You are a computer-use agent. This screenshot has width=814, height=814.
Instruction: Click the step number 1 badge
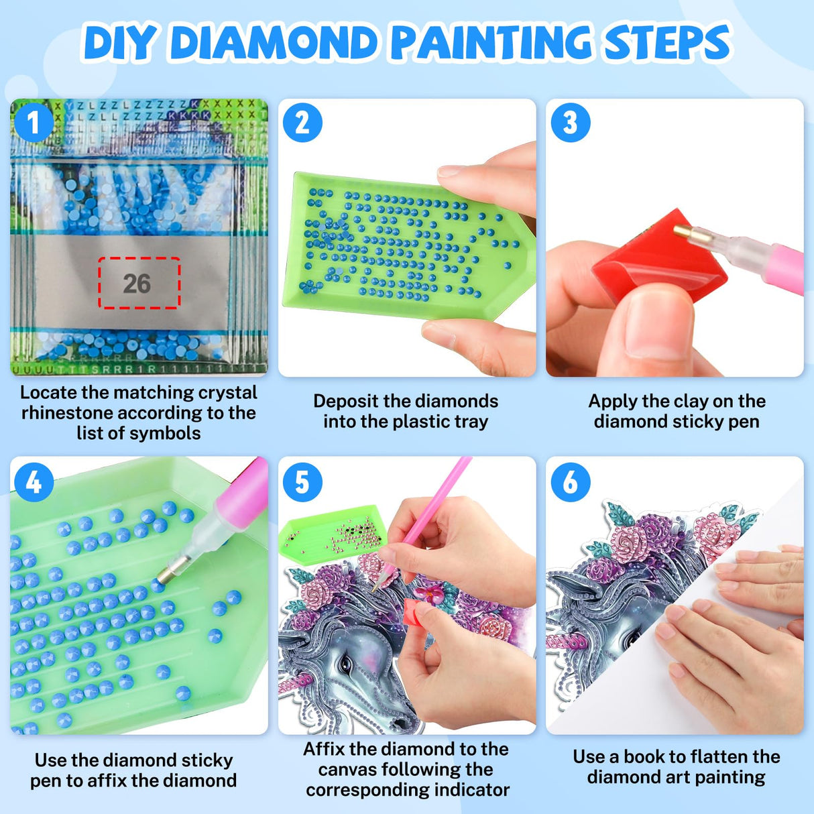point(34,123)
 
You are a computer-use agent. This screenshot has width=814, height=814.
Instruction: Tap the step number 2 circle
point(302,123)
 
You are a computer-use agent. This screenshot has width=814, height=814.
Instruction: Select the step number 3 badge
point(570,123)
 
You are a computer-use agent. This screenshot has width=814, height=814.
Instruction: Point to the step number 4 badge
point(34,481)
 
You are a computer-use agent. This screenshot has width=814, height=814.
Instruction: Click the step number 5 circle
point(302,481)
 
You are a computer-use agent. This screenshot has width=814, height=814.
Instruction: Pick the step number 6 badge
point(570,481)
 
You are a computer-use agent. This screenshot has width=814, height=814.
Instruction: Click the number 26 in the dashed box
point(137,284)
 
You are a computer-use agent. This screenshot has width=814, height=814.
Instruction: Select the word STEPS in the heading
point(666,43)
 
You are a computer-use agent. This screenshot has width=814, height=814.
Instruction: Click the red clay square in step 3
point(659,257)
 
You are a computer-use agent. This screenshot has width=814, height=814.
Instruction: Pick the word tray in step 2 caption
point(471,422)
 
